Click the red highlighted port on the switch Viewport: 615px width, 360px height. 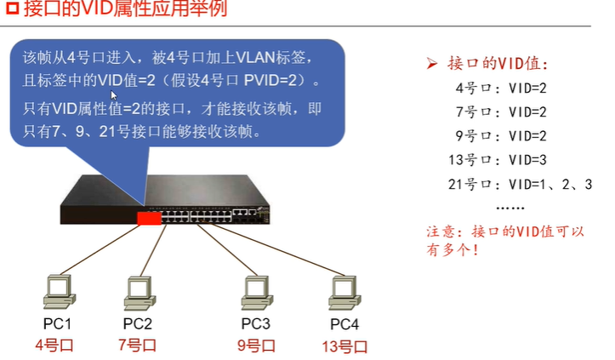click(150, 218)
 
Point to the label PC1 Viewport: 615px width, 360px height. click(57, 323)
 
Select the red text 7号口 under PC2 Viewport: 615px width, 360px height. click(137, 345)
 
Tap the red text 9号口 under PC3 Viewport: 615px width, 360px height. click(255, 346)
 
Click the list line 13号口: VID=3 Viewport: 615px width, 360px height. click(496, 159)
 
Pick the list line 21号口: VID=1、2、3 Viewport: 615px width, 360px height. click(520, 184)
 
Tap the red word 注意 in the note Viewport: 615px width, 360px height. click(440, 231)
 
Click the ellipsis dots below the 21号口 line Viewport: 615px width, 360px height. click(509, 207)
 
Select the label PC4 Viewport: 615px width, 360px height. click(345, 323)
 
